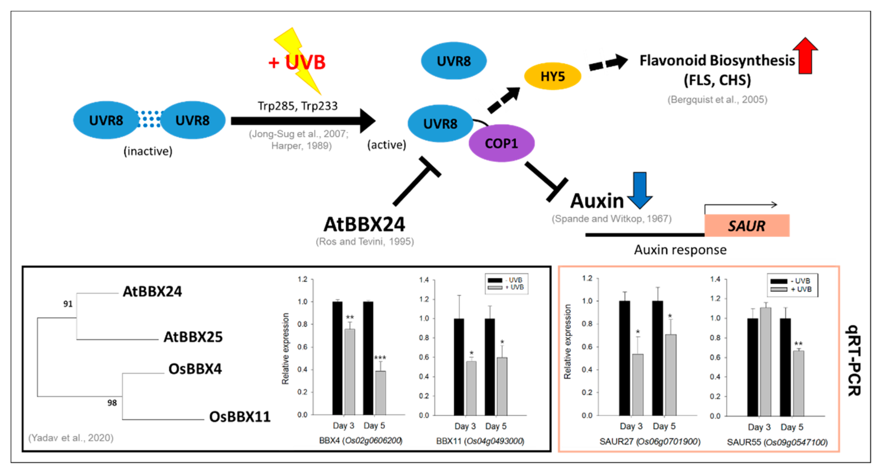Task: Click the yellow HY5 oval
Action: tap(552, 76)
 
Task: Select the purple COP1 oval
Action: tap(501, 143)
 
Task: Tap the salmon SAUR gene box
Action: tap(747, 226)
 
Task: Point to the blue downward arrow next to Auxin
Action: tap(640, 190)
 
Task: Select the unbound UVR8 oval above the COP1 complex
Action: tap(453, 61)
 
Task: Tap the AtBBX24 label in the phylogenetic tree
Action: tap(152, 292)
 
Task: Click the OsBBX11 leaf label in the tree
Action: tap(240, 417)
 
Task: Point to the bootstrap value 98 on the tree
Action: tap(112, 403)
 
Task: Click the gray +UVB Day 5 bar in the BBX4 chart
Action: tap(380, 393)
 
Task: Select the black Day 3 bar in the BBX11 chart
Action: tap(459, 367)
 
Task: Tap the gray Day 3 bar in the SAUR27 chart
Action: tap(637, 385)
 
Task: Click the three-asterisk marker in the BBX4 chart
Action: tap(380, 358)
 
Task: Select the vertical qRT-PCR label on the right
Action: tap(854, 360)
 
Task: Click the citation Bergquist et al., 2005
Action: tap(717, 100)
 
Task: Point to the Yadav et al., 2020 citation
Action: tap(71, 438)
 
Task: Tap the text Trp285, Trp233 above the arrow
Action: tap(298, 106)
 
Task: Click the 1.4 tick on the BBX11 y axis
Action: tap(424, 280)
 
